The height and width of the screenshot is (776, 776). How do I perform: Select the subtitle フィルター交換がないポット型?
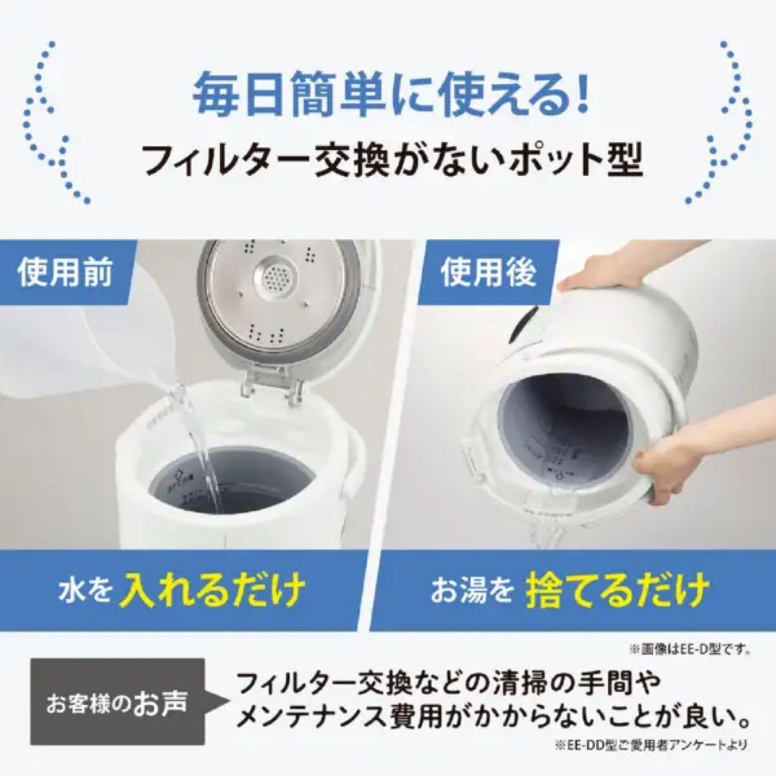392,160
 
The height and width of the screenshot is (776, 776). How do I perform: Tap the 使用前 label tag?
65,274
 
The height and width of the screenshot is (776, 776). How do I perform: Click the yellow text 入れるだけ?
212,591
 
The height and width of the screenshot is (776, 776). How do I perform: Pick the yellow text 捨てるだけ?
617,591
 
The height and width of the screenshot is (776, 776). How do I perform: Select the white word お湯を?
472,592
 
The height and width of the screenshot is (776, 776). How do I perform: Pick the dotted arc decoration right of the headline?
722,122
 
